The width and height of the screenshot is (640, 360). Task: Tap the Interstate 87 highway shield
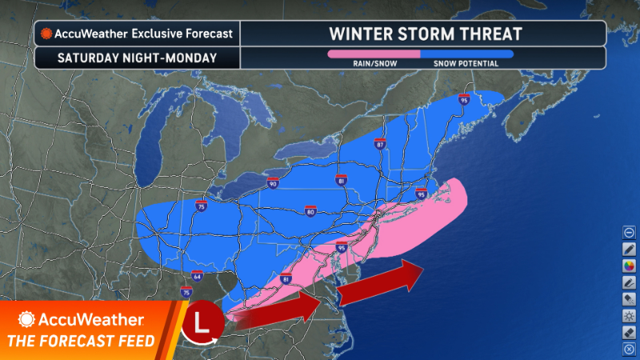point(380,145)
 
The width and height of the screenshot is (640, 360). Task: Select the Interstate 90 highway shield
point(273,184)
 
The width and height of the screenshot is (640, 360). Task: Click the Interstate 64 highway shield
point(198,277)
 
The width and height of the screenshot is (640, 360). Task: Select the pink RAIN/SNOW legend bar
point(374,54)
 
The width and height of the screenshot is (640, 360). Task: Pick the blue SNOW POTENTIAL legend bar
point(467,54)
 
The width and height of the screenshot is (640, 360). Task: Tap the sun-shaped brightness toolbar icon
point(629,315)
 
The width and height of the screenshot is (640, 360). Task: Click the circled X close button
point(629,349)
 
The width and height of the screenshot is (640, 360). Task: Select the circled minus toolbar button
point(629,232)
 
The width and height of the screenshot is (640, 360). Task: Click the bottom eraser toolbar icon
point(629,332)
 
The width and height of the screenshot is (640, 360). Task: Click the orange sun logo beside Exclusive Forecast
point(47,34)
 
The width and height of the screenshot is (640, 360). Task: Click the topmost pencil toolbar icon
point(629,249)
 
